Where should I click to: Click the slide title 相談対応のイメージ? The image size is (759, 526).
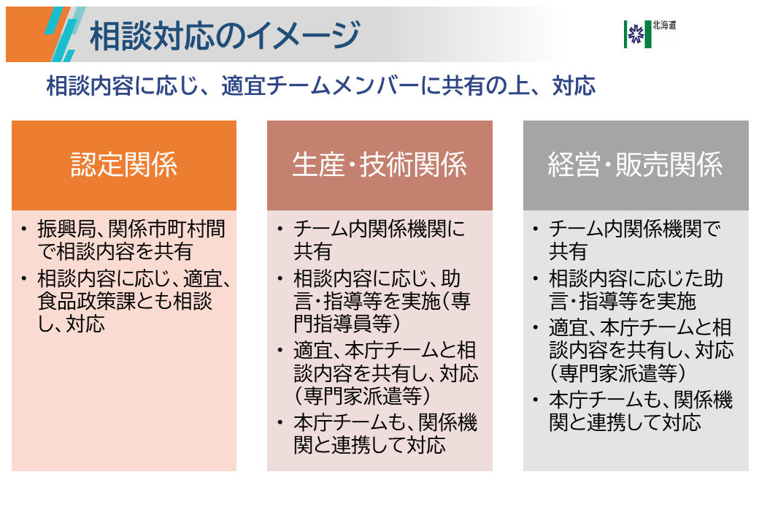pos(225,35)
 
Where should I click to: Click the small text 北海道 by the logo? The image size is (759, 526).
pos(665,25)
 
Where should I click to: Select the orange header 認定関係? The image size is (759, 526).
pos(124,165)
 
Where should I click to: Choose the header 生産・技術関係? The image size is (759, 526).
pos(379,165)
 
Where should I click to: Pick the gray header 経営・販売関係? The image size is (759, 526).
pos(636,165)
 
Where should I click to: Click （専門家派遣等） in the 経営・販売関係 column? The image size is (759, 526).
pos(617,372)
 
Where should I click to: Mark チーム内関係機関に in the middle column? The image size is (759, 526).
pos(379,229)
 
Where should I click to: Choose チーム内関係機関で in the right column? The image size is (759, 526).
pos(634,229)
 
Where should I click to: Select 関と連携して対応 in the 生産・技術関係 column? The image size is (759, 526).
pos(369,444)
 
